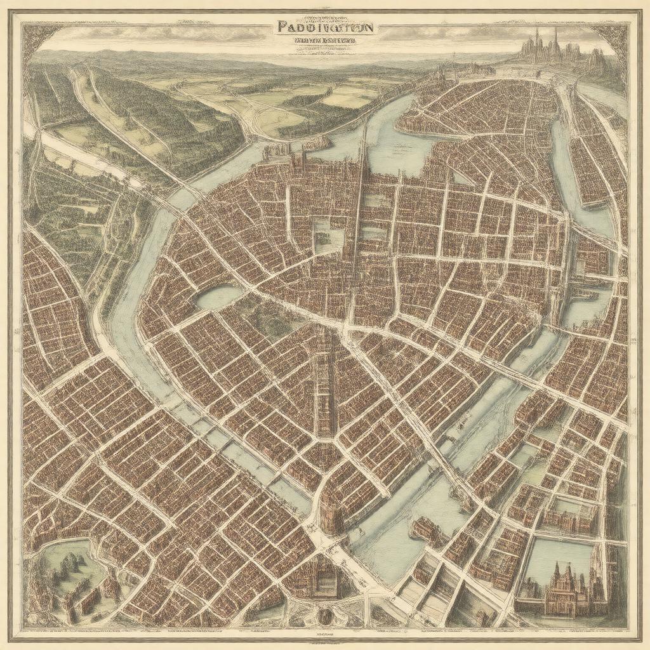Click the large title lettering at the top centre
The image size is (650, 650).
coord(326,27)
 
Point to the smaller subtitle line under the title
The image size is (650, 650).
coord(324,41)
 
